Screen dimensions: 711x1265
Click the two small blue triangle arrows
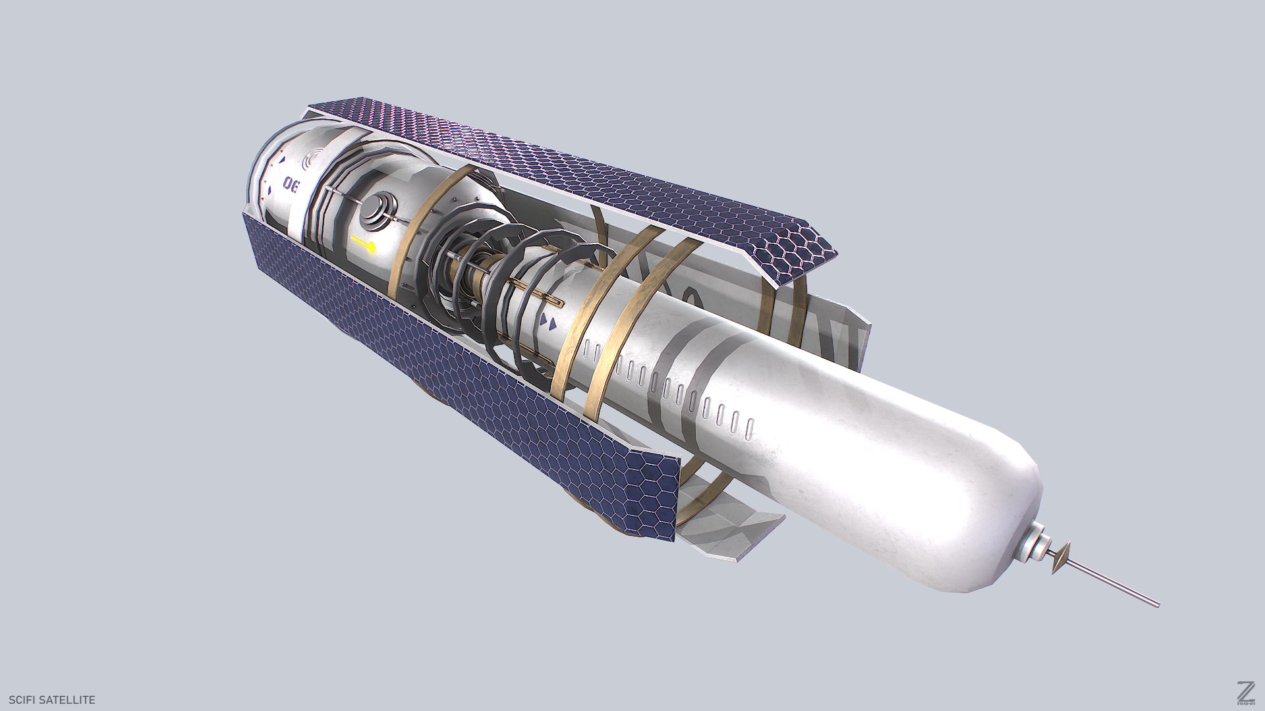(x=548, y=322)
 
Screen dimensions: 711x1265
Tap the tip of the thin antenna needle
(x=1156, y=604)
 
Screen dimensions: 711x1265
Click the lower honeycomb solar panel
(x=461, y=382)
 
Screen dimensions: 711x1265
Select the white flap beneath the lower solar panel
(x=725, y=527)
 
